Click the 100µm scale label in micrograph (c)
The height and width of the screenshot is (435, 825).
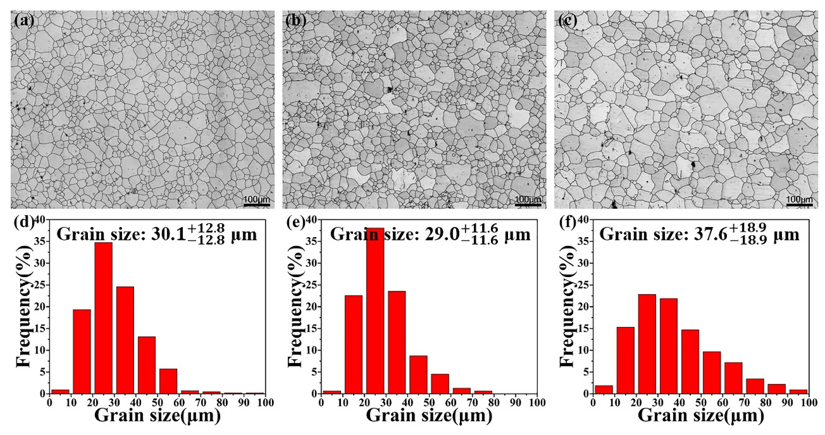(x=800, y=200)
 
